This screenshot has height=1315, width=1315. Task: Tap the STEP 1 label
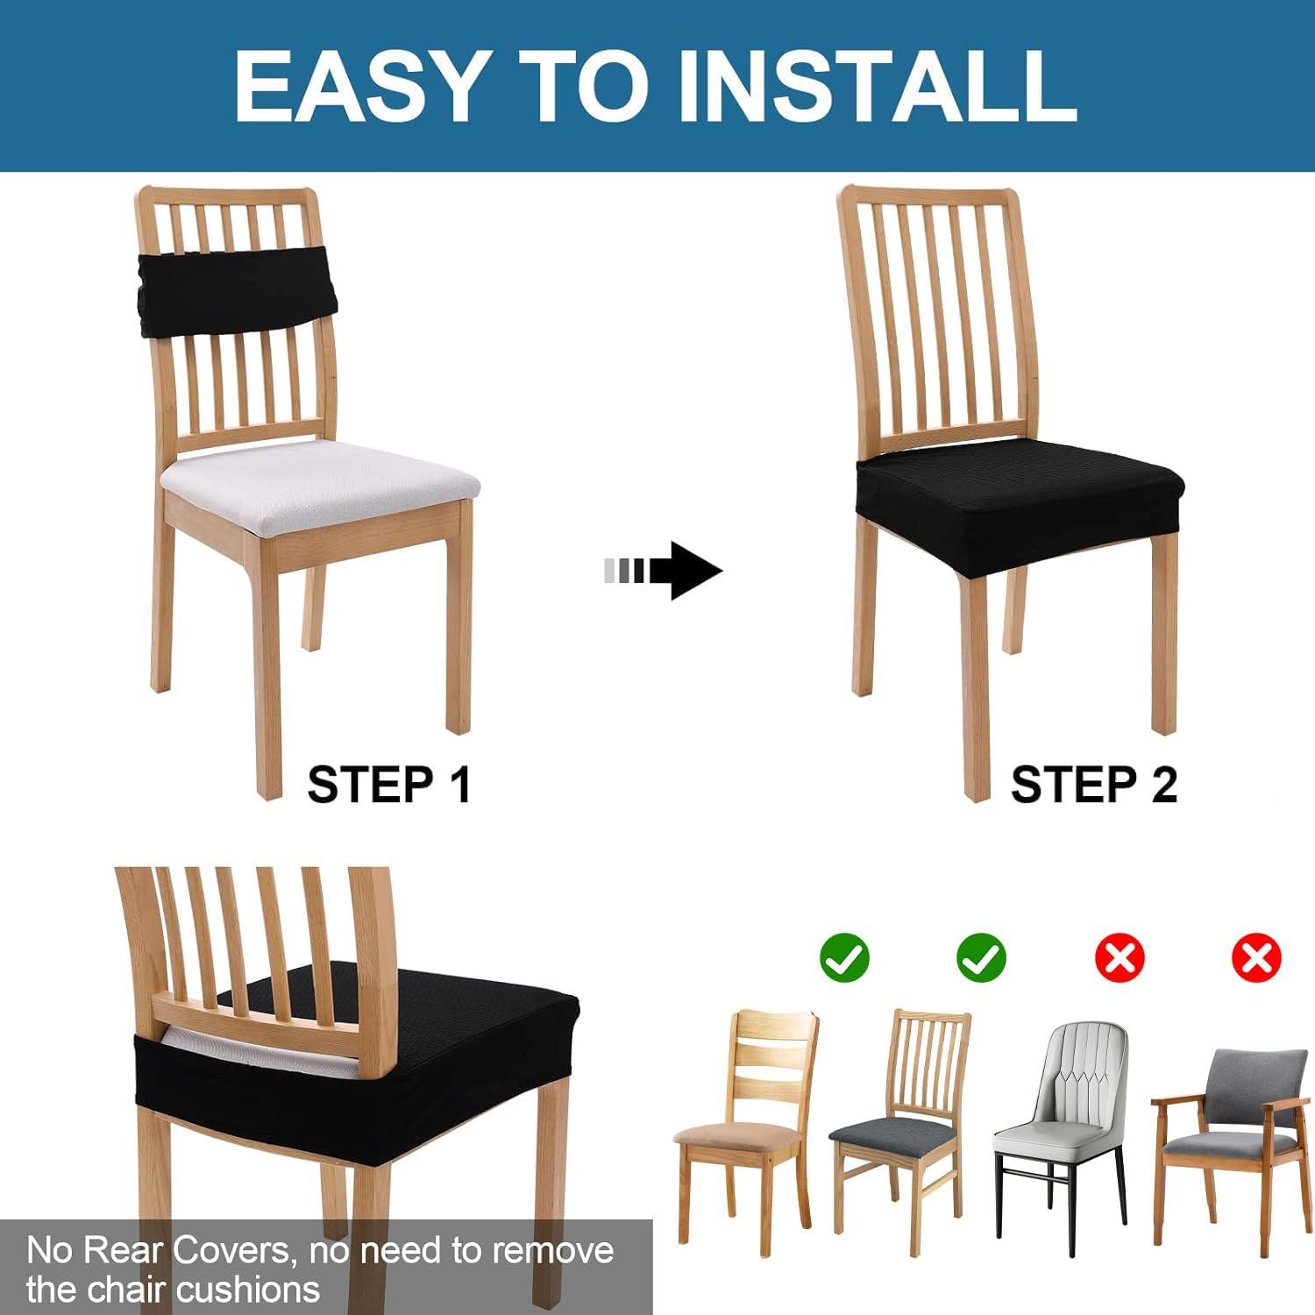[x=389, y=784]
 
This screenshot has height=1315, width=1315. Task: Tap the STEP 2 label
[x=1094, y=784]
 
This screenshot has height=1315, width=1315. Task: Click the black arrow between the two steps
[x=664, y=571]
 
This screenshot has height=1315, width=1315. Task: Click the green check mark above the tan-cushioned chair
[x=844, y=957]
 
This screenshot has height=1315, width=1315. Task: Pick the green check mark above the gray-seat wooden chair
[x=981, y=957]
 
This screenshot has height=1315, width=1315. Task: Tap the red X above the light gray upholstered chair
[x=1120, y=957]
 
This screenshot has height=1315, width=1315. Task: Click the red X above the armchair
[x=1256, y=957]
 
